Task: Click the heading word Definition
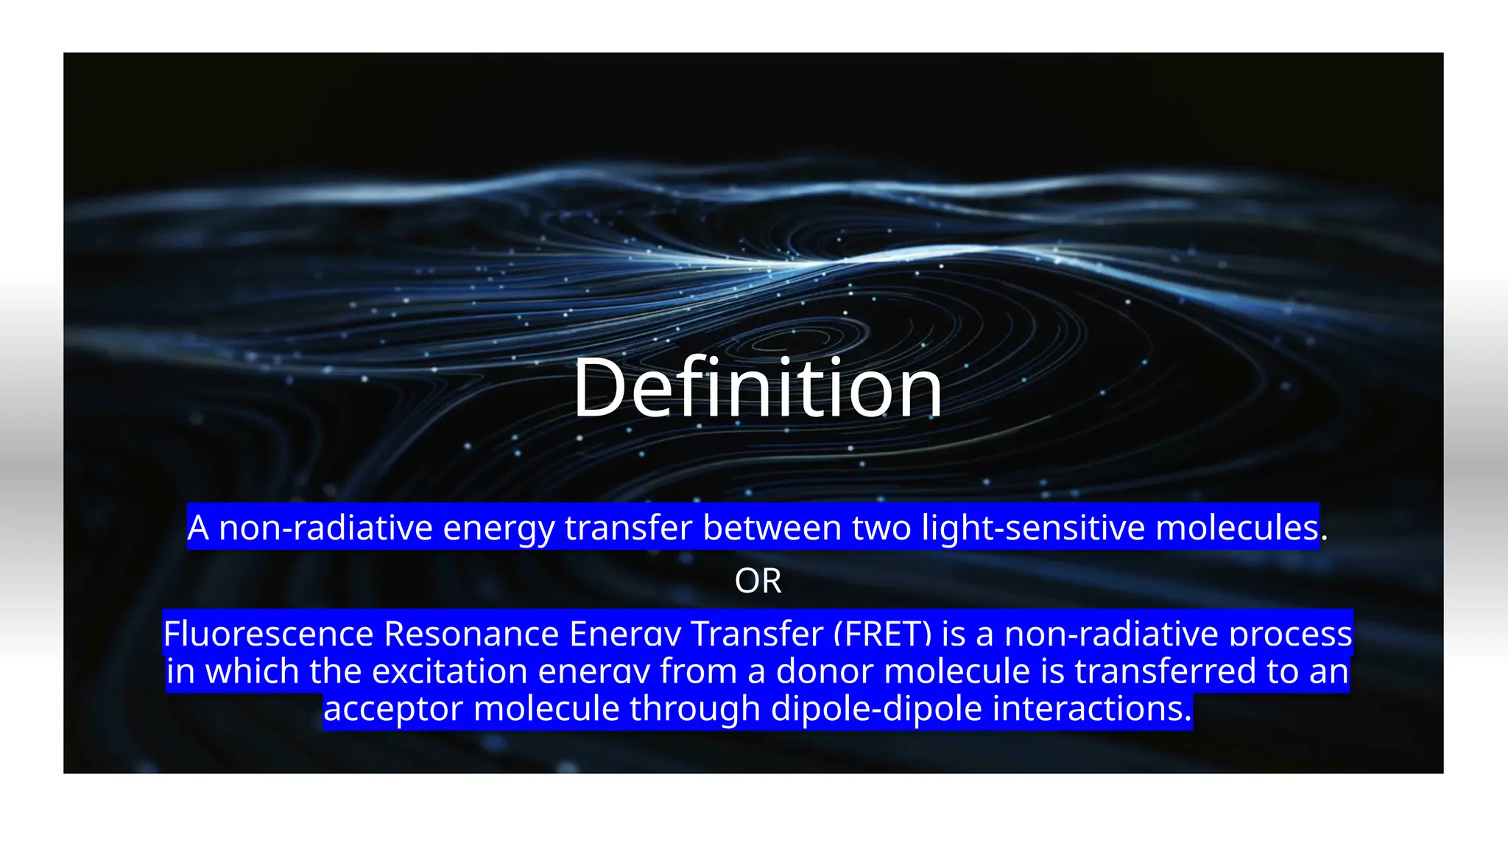pos(757,388)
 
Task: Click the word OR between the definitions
pos(758,581)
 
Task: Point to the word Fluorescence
pos(268,635)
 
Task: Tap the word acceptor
pos(392,709)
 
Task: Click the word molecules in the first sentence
pos(1236,528)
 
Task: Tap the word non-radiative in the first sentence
pos(325,528)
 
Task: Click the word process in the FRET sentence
pos(1290,635)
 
